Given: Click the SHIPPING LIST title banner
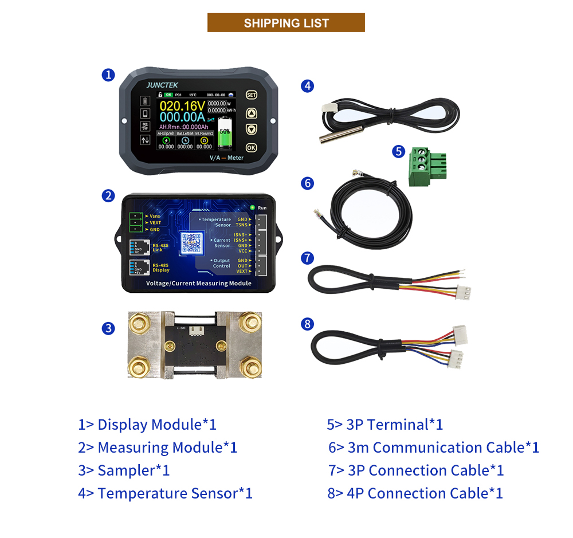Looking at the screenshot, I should [286, 23].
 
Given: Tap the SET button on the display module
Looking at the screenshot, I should [251, 95].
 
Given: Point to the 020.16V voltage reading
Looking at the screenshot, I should [182, 106].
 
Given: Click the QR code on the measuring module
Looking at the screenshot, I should [191, 244].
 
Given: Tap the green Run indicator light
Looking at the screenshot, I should [252, 207].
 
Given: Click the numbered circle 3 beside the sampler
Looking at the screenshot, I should [108, 328].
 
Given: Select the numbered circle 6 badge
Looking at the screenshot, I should [308, 183].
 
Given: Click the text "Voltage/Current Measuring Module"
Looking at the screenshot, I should [198, 283].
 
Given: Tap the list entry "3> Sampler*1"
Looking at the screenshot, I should [124, 470].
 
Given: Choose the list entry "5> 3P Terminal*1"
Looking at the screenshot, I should [384, 425].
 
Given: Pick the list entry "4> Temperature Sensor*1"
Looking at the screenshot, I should [165, 493].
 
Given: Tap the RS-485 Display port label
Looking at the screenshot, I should [160, 268].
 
